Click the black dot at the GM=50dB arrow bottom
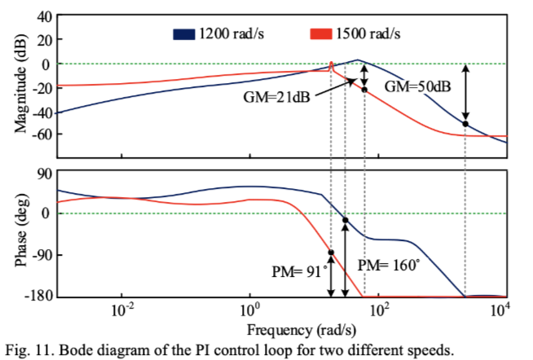tap(465, 124)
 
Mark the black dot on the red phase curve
tap(331, 252)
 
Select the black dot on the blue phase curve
tap(346, 220)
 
